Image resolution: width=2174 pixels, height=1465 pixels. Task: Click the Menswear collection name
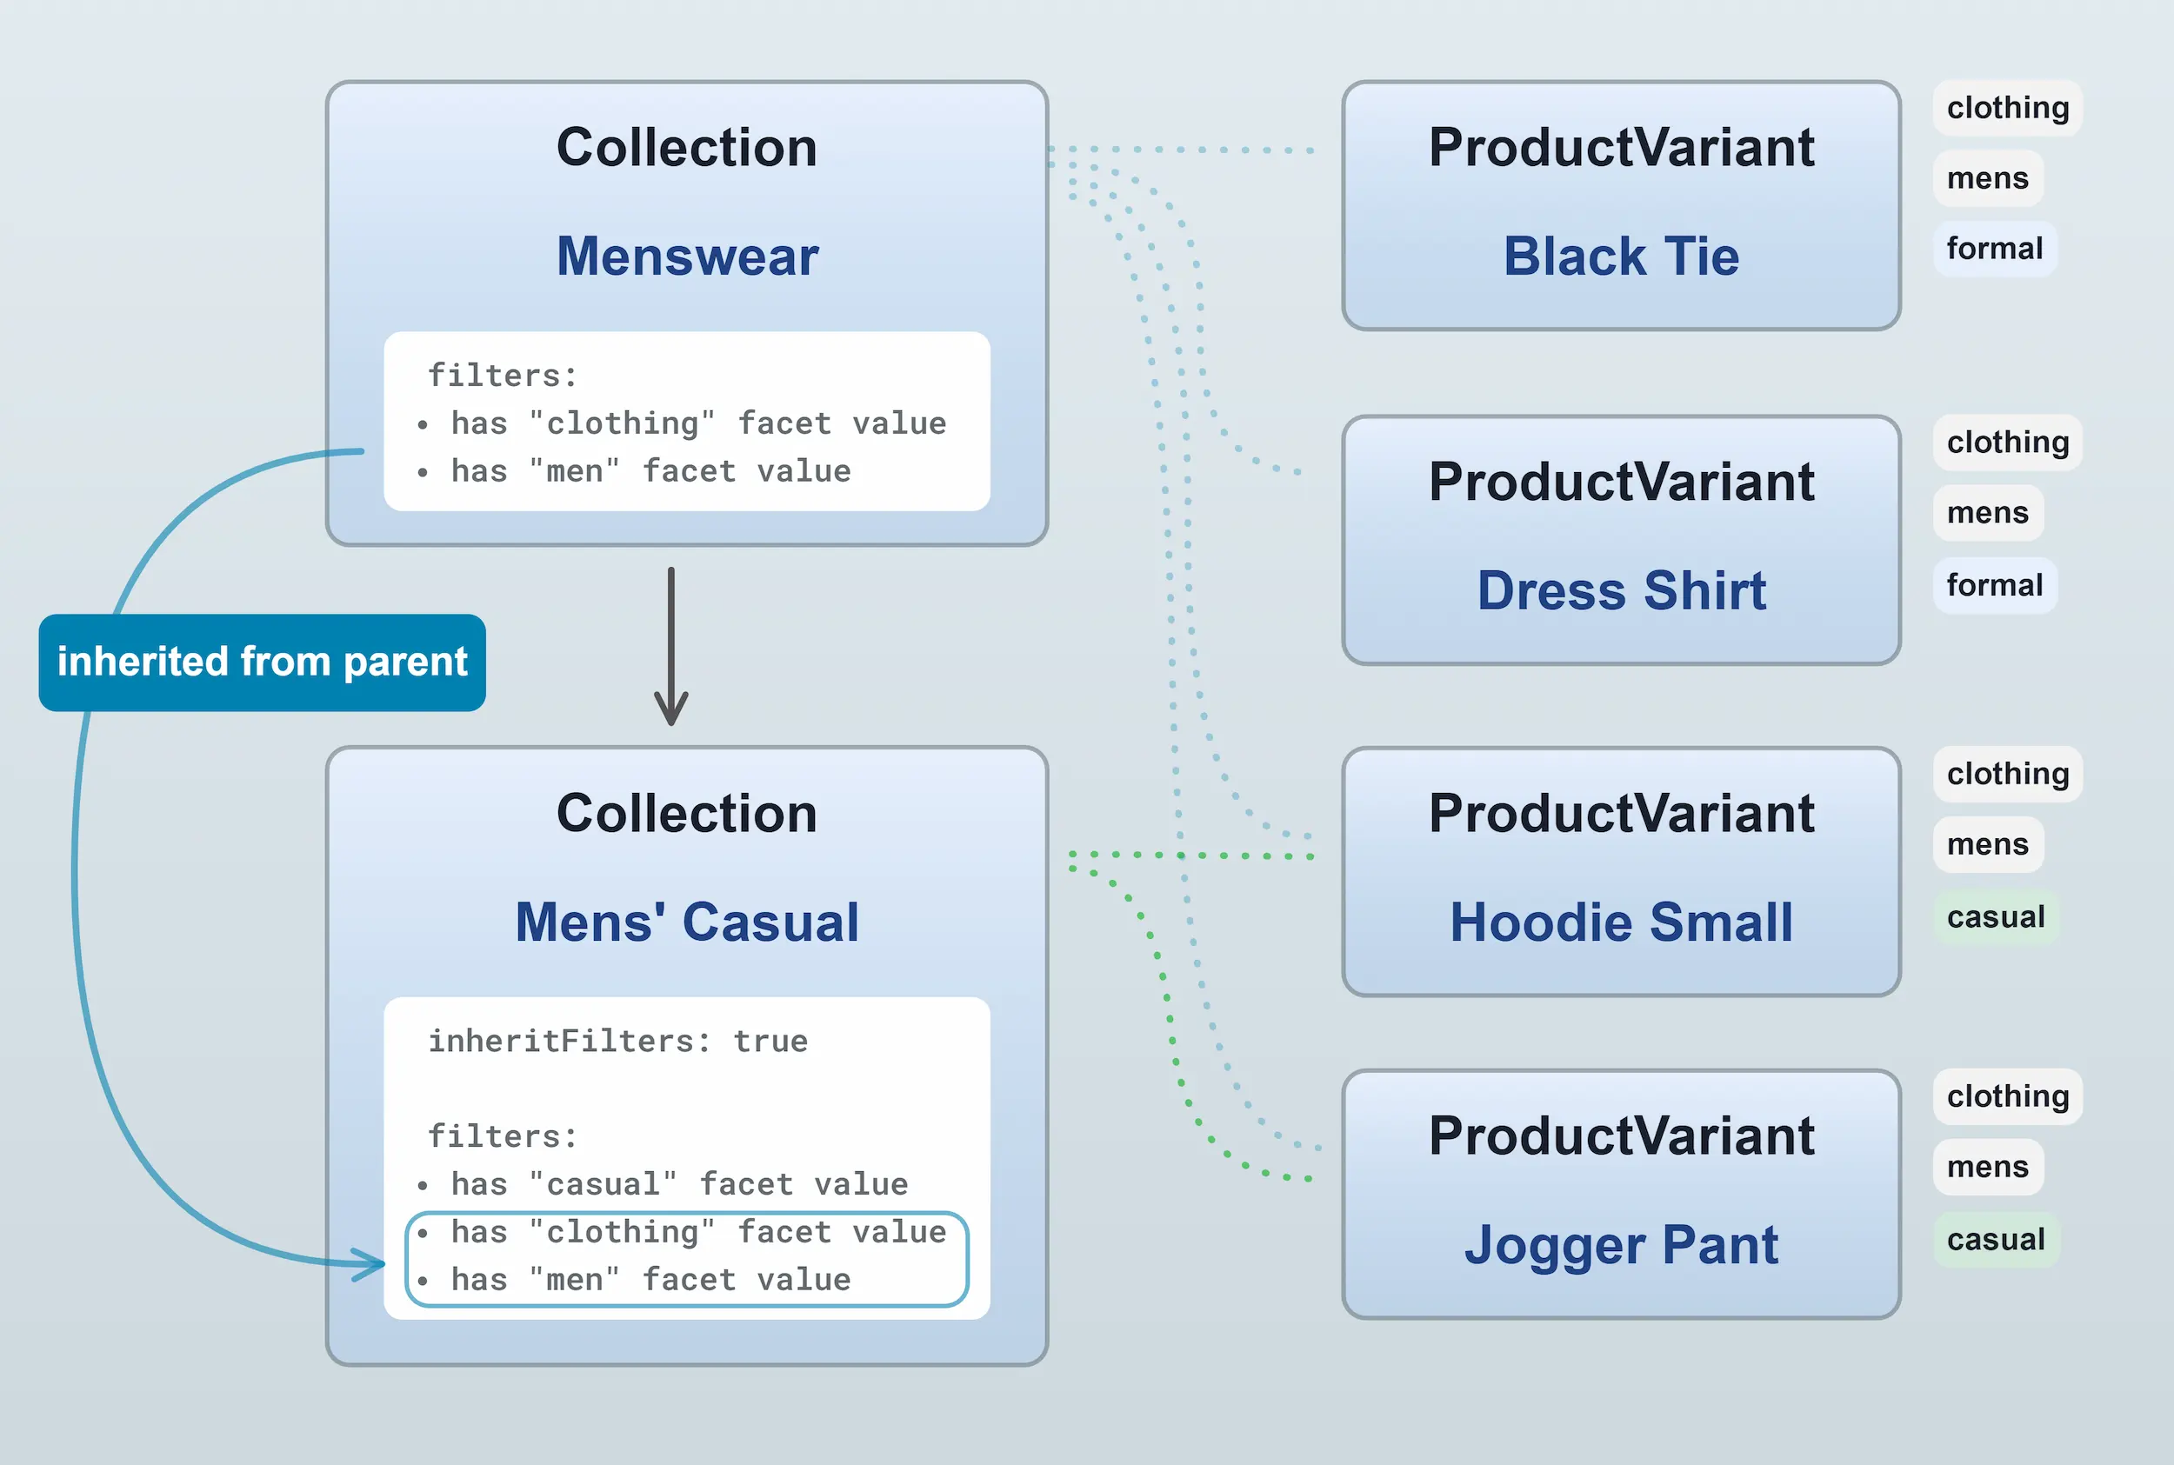[x=687, y=256]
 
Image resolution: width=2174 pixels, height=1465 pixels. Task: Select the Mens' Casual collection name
[x=687, y=922]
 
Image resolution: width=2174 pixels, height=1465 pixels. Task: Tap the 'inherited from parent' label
[x=262, y=663]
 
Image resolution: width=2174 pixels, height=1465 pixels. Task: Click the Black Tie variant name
[x=1621, y=256]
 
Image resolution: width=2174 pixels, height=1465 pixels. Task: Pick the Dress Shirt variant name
[x=1621, y=590]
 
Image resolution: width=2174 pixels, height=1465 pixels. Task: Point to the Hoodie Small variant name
[x=1621, y=922]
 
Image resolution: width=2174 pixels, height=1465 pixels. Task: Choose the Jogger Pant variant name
[x=1621, y=1244]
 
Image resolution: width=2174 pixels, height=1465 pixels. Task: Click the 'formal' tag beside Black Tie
[x=1995, y=249]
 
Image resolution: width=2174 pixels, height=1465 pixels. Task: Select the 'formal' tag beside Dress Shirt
[x=1995, y=585]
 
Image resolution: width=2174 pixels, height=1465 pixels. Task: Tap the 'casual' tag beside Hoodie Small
[x=1996, y=916]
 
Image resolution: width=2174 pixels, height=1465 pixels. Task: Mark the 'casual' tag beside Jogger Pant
[x=1996, y=1239]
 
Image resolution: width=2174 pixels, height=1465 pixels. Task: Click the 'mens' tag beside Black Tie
[x=1987, y=177]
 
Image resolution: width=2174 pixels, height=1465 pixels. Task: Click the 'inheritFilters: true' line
[x=617, y=1041]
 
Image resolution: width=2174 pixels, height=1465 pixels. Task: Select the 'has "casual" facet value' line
[x=678, y=1184]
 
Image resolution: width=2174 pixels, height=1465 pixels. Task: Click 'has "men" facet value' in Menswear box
[x=650, y=471]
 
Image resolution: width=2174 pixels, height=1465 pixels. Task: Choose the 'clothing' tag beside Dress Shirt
[x=2008, y=442]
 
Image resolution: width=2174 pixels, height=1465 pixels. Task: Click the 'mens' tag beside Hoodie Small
[x=1987, y=843]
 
